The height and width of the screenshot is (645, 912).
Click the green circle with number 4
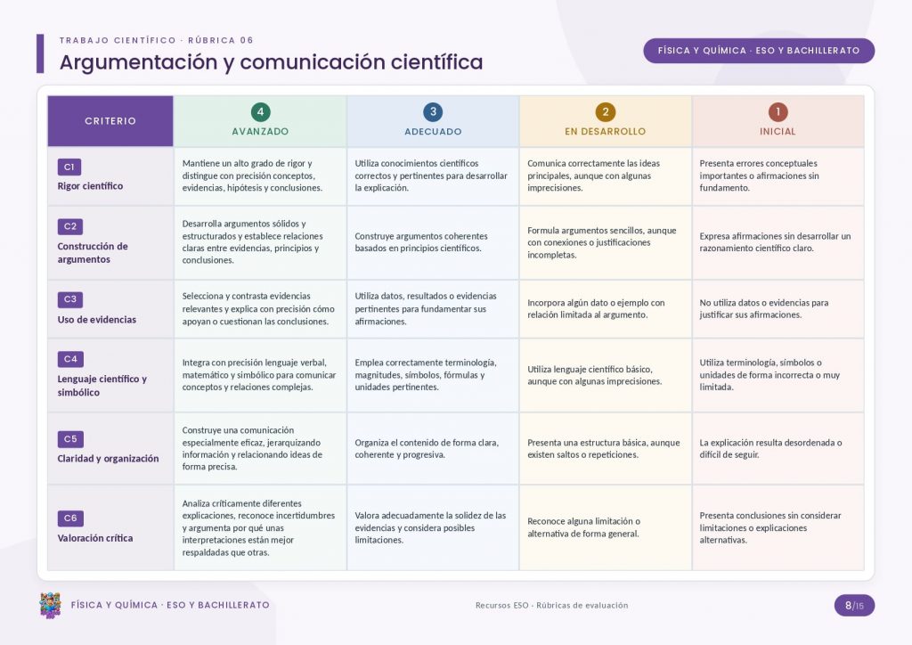(260, 111)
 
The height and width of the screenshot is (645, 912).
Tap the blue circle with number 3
(433, 111)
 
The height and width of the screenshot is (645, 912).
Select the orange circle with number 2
(606, 111)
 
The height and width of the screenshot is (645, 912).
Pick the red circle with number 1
(778, 111)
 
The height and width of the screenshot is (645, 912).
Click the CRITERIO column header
(110, 121)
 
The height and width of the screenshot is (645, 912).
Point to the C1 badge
(69, 167)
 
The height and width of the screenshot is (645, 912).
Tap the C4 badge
(70, 359)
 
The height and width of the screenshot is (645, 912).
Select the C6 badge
(70, 518)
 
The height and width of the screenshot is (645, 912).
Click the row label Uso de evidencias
(96, 319)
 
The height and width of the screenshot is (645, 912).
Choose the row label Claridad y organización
(108, 458)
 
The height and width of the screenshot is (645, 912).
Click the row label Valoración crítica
(94, 538)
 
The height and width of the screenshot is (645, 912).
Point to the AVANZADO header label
(260, 132)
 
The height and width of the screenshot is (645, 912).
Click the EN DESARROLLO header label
(605, 132)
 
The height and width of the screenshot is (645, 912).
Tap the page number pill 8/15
(854, 606)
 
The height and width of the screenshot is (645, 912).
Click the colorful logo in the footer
(50, 606)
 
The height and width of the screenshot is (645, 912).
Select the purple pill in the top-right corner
(759, 51)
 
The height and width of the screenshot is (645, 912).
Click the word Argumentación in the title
(138, 62)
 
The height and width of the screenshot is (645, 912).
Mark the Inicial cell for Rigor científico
(778, 176)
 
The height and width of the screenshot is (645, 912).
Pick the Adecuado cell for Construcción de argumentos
(433, 242)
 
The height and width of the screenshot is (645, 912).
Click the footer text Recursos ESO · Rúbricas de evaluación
(551, 606)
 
